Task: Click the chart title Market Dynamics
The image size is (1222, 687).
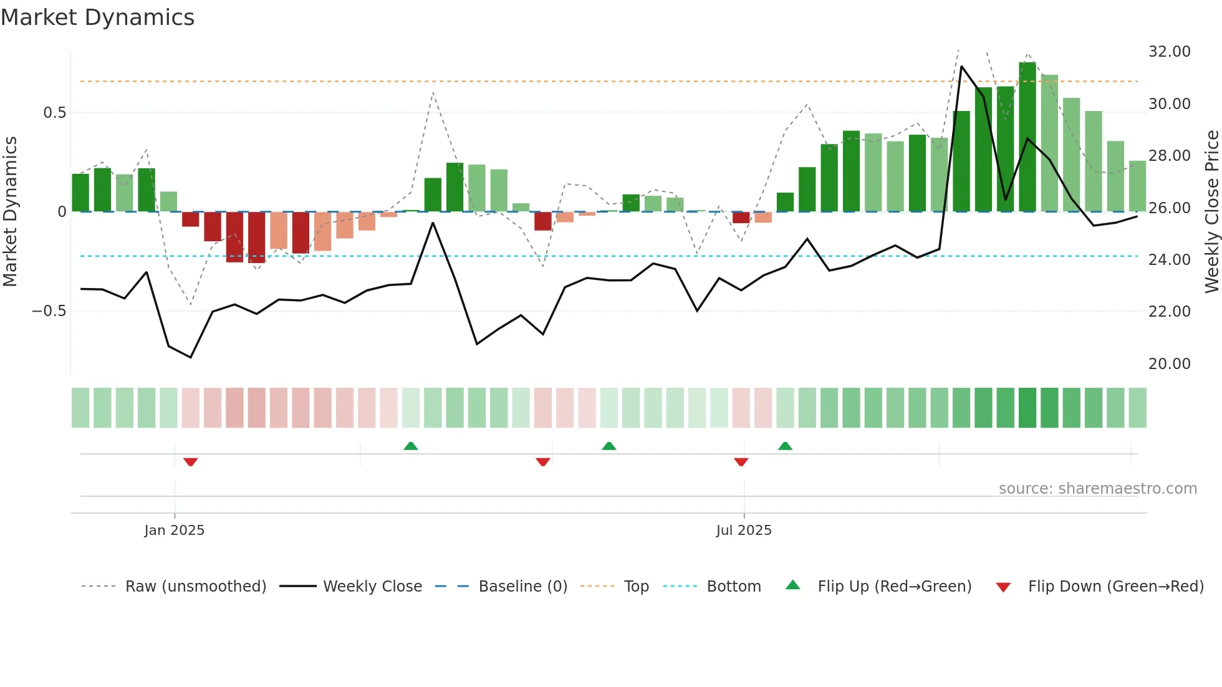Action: point(98,17)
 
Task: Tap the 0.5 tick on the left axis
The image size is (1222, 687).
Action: point(54,113)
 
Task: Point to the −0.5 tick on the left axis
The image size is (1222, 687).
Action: point(49,311)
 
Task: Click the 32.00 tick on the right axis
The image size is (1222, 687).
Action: point(1169,52)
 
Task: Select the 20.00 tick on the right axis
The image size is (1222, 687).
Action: point(1169,364)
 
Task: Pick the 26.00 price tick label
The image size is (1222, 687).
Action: point(1169,208)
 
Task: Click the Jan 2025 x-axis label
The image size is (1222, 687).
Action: point(174,531)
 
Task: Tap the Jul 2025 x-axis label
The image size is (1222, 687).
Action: point(744,531)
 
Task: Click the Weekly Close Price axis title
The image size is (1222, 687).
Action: point(1211,212)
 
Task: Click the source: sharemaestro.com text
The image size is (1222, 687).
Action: point(1097,489)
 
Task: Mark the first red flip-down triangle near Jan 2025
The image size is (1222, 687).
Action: point(191,462)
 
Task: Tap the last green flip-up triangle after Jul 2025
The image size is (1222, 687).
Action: point(785,446)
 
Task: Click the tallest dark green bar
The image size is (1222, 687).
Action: point(1027,137)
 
